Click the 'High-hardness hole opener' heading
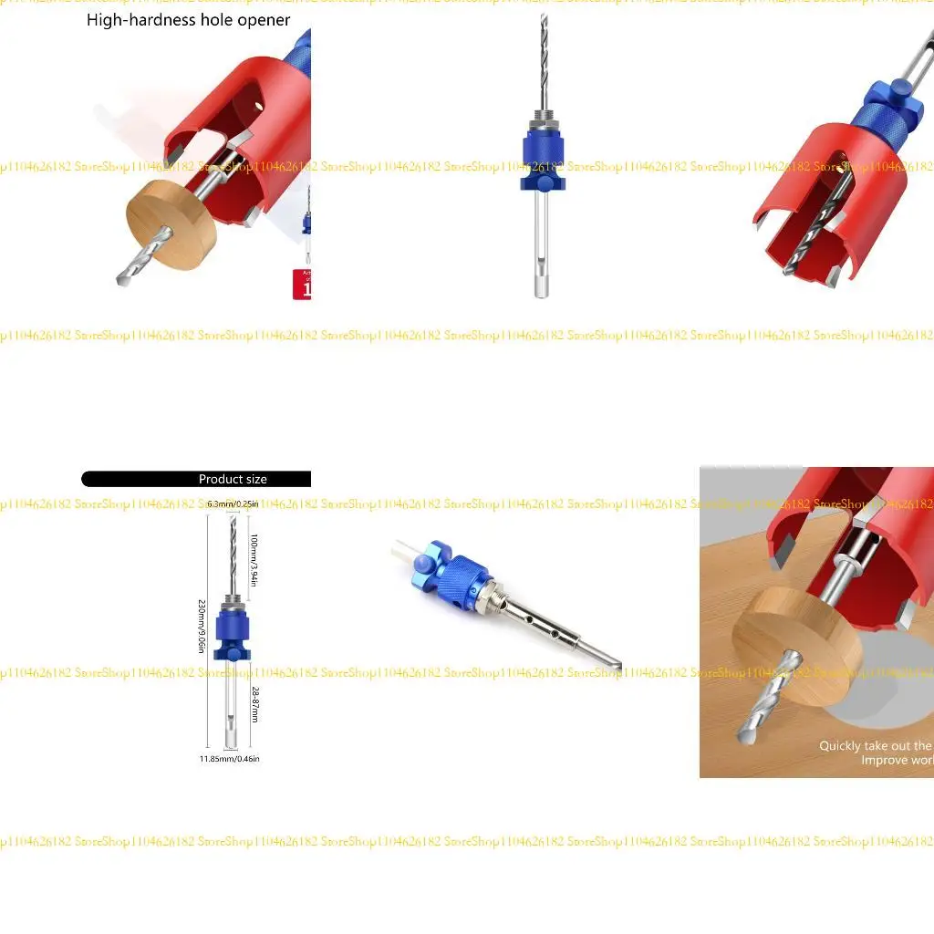(x=189, y=20)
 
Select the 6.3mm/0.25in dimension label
(x=233, y=504)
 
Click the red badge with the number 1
(x=302, y=285)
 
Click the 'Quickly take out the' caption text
(x=874, y=746)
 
